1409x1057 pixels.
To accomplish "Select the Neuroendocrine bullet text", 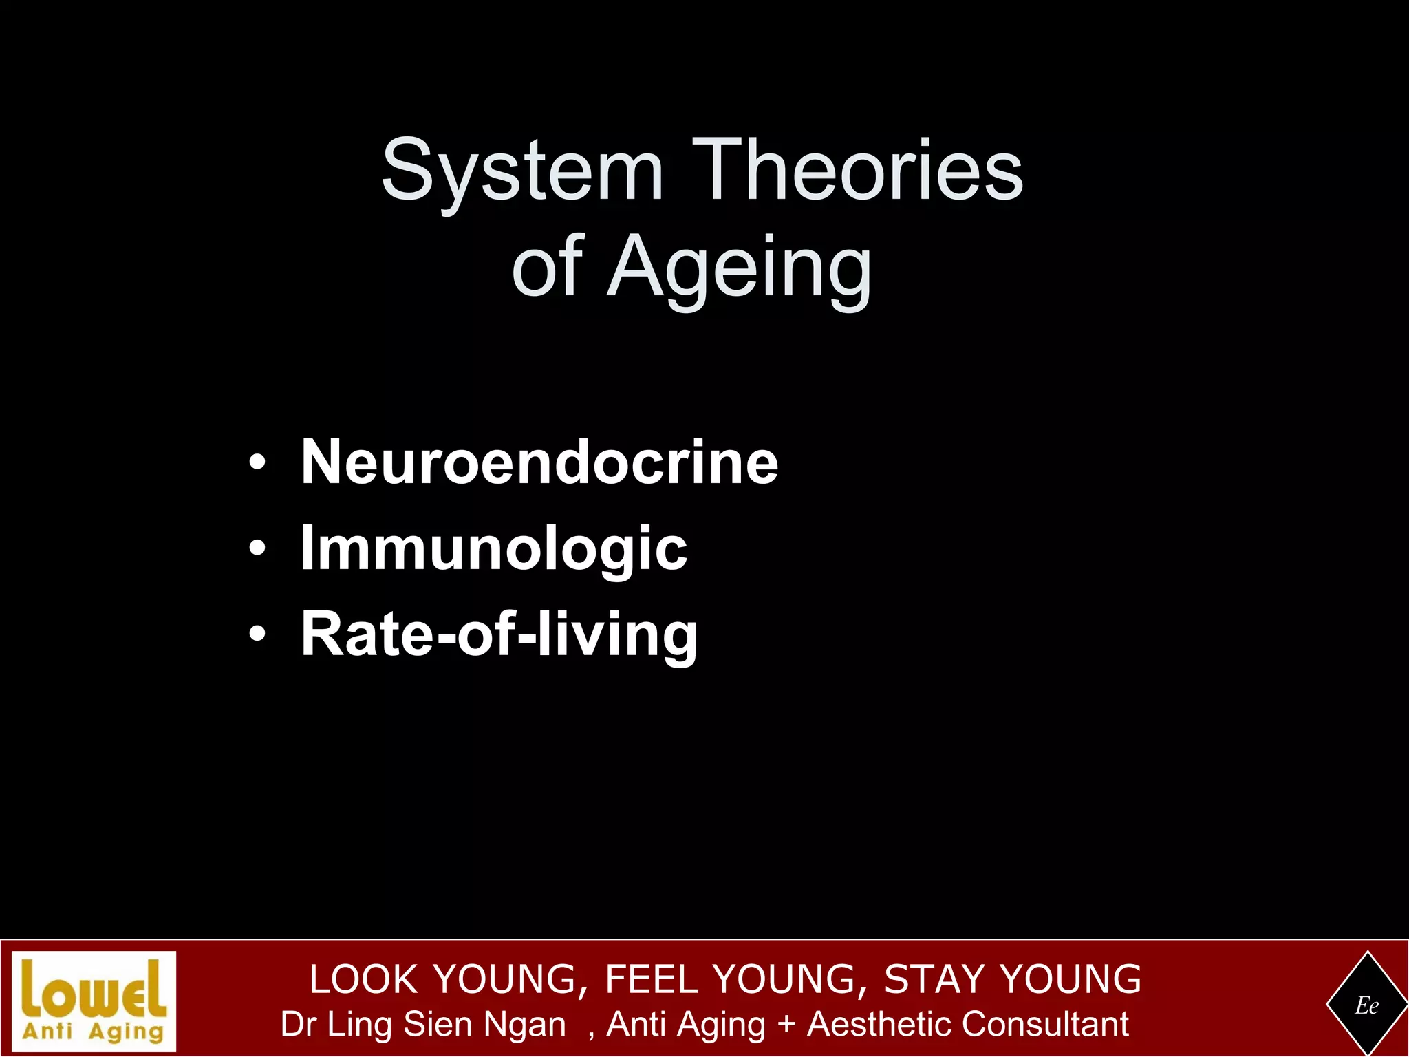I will point(539,462).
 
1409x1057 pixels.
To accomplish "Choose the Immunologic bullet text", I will point(493,548).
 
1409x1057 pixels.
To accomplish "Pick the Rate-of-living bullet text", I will point(499,634).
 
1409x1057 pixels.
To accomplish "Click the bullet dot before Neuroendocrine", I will point(257,463).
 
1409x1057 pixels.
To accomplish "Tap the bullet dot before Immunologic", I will point(257,549).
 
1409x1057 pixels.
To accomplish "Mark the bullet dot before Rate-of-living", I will point(257,634).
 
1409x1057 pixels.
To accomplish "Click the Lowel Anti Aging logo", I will point(94,1001).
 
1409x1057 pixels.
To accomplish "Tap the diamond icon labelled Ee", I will point(1366,1005).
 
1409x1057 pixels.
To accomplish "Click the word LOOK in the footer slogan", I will point(364,979).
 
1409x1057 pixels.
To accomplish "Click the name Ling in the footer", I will point(361,1025).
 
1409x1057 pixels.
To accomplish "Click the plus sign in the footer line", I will point(786,1025).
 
